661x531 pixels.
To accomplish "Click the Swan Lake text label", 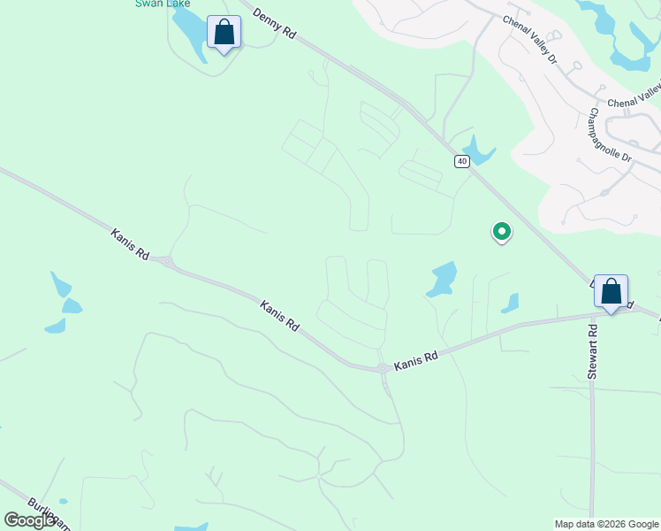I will [163, 4].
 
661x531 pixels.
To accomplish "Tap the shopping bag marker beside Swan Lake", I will [224, 34].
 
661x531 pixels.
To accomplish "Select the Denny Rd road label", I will [274, 24].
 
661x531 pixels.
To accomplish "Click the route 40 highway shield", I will [461, 161].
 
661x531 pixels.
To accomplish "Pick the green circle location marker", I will [501, 232].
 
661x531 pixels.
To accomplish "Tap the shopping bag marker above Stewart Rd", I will [611, 291].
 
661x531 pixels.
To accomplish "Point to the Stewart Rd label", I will [593, 351].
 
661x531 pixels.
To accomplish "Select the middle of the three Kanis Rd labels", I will [280, 315].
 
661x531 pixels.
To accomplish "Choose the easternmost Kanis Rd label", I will [416, 359].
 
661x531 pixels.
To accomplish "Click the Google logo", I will [30, 520].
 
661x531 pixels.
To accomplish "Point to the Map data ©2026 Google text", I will [605, 524].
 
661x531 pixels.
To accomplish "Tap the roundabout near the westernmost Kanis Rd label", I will [166, 261].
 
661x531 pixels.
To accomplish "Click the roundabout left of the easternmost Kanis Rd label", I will [382, 367].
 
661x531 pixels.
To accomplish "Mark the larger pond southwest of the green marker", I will [442, 279].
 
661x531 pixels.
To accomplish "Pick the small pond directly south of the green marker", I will [510, 304].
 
